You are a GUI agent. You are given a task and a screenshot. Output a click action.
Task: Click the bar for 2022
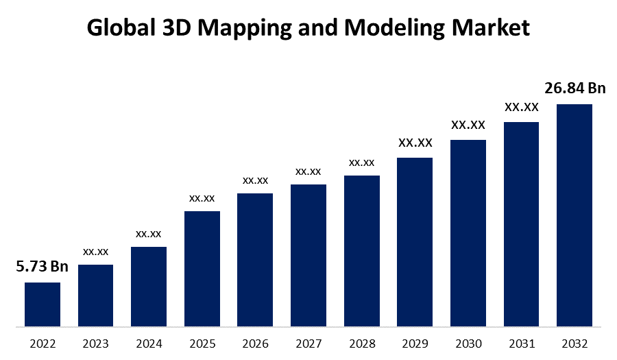coord(43,304)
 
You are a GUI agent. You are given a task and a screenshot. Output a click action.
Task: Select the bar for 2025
coord(202,269)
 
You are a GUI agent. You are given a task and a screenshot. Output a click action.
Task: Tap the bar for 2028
coord(362,251)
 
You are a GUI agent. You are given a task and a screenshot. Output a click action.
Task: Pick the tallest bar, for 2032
coord(574,215)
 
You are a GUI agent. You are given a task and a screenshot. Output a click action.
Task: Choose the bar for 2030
coord(468,233)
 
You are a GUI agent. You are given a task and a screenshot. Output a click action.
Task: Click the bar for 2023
coord(95,296)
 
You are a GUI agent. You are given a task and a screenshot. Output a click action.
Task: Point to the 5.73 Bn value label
coord(43,267)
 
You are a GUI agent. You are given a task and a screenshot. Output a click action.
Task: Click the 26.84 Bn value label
coord(575,88)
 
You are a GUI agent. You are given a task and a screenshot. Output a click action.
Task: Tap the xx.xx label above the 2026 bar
coord(255,180)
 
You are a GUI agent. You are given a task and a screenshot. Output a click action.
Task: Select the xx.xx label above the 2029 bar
coord(415,143)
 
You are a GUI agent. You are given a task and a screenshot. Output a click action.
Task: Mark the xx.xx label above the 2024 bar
coord(149,234)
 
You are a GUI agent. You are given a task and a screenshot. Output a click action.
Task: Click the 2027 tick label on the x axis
coord(308,343)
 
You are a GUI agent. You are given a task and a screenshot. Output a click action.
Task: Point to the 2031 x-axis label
coord(521,343)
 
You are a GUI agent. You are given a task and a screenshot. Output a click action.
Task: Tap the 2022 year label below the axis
coord(43,343)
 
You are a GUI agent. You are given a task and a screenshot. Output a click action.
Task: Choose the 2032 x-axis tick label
coord(574,343)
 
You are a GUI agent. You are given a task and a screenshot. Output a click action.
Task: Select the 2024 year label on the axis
coord(149,343)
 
